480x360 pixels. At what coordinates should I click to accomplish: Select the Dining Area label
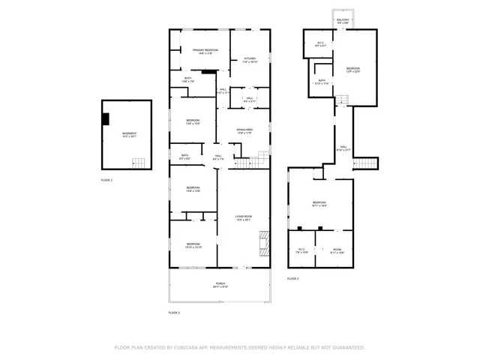coord(244,131)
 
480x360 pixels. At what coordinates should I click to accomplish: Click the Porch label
coord(220,285)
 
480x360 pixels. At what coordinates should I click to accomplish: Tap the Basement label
coord(130,135)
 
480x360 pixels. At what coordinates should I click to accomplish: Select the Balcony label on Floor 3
coord(343,21)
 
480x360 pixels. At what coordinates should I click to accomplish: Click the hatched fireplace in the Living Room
coord(264,241)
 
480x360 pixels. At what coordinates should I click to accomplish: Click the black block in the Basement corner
coord(107,118)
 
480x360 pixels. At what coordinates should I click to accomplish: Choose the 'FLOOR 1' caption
coord(106,181)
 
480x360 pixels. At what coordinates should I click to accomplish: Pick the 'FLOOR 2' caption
coord(174,312)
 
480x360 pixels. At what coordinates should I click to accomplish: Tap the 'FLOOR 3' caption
coord(292,279)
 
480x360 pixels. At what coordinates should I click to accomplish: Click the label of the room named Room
coord(337,251)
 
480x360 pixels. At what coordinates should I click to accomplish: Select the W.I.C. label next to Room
coord(302,251)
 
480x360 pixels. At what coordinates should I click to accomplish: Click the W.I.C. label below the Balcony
coord(320,44)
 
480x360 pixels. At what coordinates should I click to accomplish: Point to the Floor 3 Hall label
coord(343,148)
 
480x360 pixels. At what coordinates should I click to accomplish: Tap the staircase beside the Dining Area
coord(262,158)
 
